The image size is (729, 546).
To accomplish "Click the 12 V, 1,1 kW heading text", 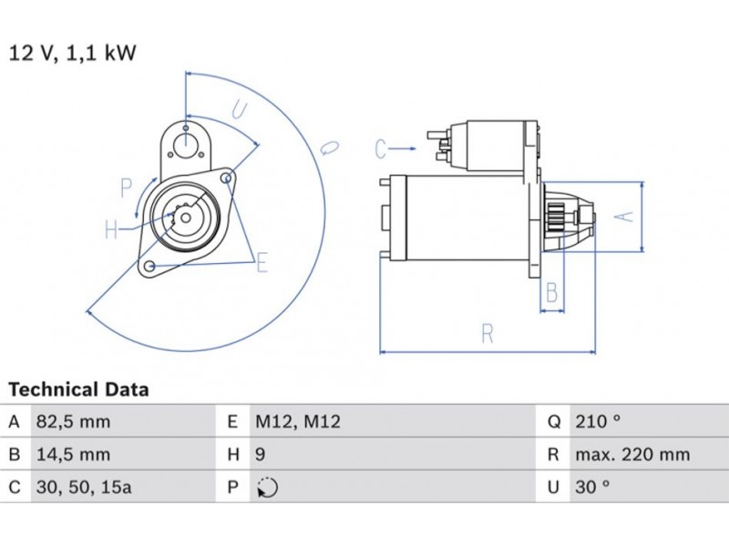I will [x=73, y=53].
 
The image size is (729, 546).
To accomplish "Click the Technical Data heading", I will [x=78, y=390].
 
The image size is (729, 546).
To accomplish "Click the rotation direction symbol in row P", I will [x=266, y=488].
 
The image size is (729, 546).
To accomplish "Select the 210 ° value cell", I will [x=597, y=422].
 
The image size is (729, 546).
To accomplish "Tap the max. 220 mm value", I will [x=631, y=455].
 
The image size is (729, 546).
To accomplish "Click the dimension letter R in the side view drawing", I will [x=488, y=334].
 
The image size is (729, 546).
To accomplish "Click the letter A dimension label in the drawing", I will [x=621, y=216].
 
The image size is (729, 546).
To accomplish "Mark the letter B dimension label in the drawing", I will [x=552, y=292].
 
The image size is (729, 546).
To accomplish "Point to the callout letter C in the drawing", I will [x=383, y=147].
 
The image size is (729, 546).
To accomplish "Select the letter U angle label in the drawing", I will [x=239, y=110].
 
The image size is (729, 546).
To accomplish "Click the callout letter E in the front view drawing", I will [x=262, y=264].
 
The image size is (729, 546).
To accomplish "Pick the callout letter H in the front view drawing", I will [x=110, y=230].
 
